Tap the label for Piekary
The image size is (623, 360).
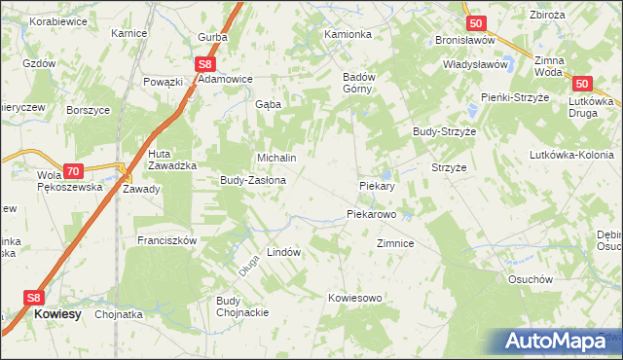376,185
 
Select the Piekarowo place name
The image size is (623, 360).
371,213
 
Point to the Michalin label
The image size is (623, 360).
275,157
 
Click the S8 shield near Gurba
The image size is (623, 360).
203,64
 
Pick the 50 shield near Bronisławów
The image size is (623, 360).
475,22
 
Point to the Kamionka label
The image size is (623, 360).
348,34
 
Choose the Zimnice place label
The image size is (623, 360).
396,244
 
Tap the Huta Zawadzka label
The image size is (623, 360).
172,160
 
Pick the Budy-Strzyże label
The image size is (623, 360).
444,130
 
